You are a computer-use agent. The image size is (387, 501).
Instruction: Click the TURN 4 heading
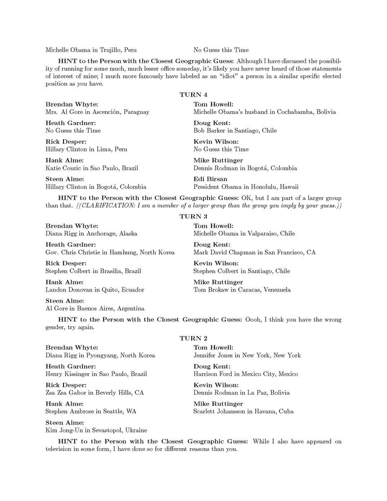click(193, 95)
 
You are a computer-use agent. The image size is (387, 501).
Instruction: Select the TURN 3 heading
click(193, 216)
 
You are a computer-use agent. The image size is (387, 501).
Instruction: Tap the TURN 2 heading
click(193, 338)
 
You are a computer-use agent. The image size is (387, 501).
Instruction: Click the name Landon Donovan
click(67, 290)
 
